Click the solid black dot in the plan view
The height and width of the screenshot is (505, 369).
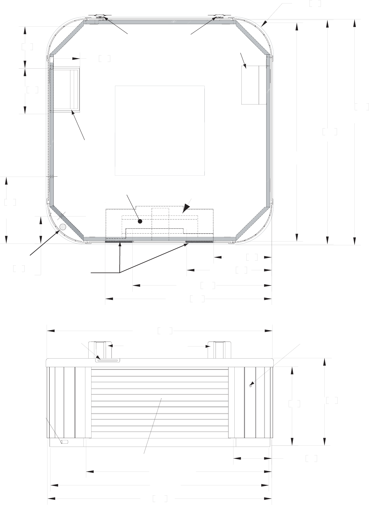pyautogui.click(x=140, y=222)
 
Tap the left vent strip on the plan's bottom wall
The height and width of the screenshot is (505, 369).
pyautogui.click(x=119, y=241)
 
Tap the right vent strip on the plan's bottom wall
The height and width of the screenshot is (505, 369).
pyautogui.click(x=199, y=241)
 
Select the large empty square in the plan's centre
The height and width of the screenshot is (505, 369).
pyautogui.click(x=160, y=131)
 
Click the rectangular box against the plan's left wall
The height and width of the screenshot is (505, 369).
pyautogui.click(x=65, y=90)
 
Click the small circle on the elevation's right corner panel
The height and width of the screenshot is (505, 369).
pyautogui.click(x=250, y=386)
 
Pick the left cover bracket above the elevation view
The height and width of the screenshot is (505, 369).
pyautogui.click(x=100, y=349)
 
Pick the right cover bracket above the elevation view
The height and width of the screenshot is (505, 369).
pyautogui.click(x=219, y=349)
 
